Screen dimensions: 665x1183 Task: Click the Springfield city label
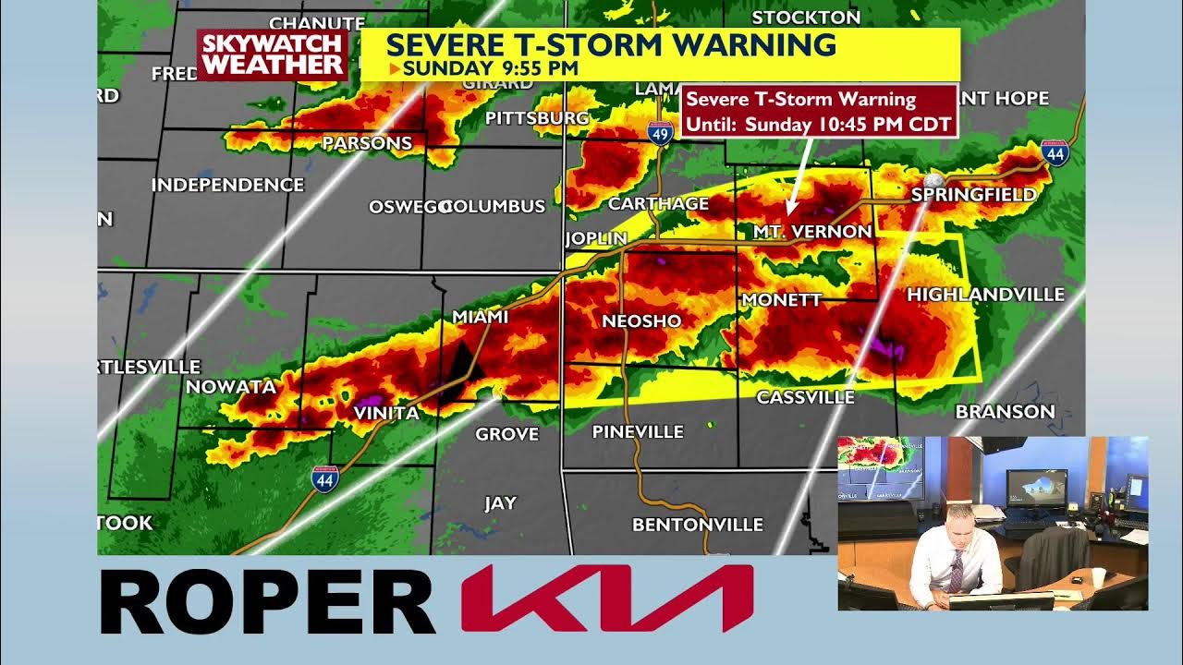point(973,195)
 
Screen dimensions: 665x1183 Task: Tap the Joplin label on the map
point(596,238)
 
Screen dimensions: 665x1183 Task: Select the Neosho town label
point(641,321)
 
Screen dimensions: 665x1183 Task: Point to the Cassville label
point(805,397)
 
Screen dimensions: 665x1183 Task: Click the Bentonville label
point(698,525)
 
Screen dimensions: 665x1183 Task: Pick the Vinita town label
point(386,413)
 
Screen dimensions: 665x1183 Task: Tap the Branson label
point(1005,412)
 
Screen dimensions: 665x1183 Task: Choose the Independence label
point(227,185)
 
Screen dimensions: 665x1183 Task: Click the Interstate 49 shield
point(659,132)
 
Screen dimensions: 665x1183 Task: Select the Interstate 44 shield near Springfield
point(1055,152)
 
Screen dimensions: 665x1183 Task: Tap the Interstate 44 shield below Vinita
point(324,478)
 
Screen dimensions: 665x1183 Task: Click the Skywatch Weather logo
point(273,54)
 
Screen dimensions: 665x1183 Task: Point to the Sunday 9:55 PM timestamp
point(490,67)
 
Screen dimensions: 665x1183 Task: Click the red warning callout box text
point(818,111)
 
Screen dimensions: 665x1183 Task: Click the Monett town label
point(781,300)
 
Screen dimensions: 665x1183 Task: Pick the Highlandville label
point(985,295)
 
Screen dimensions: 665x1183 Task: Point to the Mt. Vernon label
point(812,232)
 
